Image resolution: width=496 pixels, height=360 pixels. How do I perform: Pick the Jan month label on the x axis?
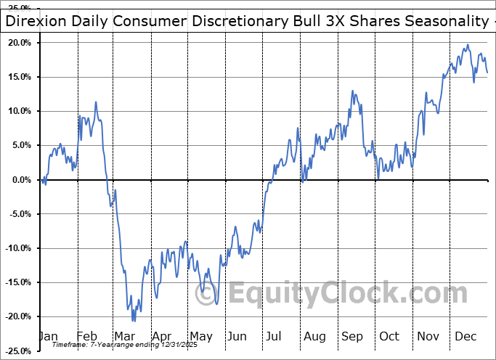pyautogui.click(x=48, y=336)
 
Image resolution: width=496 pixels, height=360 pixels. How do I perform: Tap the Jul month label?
pyautogui.click(x=275, y=336)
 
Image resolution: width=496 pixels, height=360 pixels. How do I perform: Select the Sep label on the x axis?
pyautogui.click(x=352, y=336)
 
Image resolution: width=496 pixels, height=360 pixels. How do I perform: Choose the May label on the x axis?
pyautogui.click(x=201, y=336)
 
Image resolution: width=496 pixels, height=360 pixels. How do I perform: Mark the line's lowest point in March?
pyautogui.click(x=134, y=320)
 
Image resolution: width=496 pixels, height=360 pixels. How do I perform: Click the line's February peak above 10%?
pyautogui.click(x=95, y=102)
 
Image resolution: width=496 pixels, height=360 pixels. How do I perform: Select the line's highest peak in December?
pyautogui.click(x=468, y=45)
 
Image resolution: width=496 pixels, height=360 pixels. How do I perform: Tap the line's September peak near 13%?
pyautogui.click(x=352, y=91)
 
